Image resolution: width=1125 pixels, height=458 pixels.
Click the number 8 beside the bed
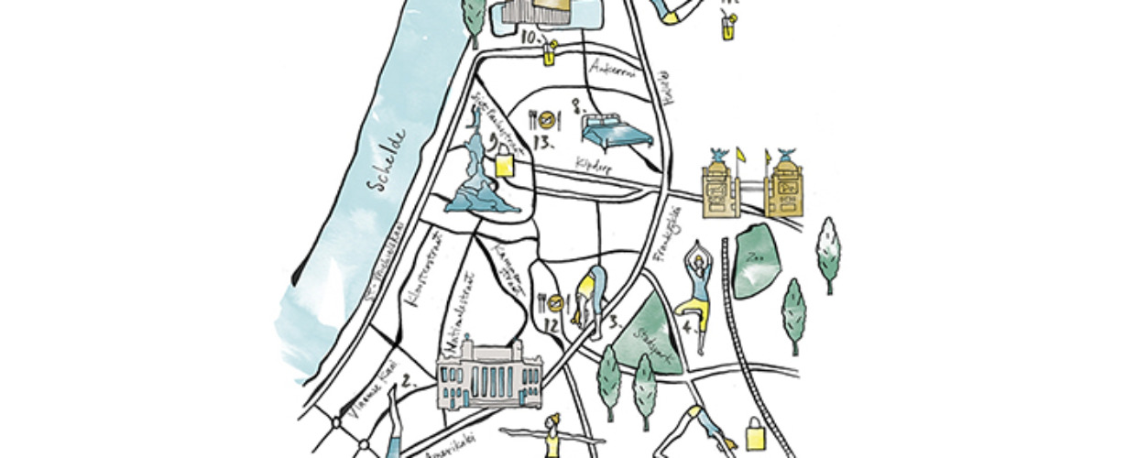577,107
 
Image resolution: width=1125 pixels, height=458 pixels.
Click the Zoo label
757,257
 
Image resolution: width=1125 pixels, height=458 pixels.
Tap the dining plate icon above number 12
552,300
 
